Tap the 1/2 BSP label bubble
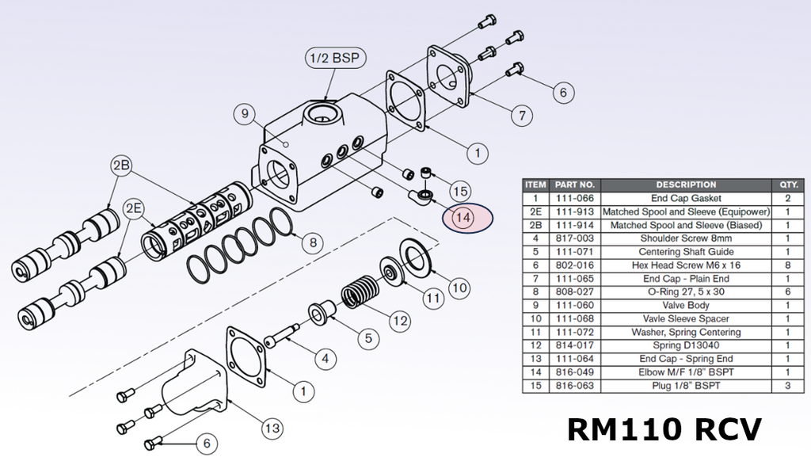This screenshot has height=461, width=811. point(335,58)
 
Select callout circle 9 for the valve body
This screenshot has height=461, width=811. point(245,114)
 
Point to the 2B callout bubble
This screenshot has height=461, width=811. point(121,166)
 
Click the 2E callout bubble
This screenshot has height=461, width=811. point(134,208)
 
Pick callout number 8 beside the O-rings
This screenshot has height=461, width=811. point(313,242)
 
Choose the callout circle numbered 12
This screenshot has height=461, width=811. point(400,321)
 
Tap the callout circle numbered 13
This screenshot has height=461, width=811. point(272,429)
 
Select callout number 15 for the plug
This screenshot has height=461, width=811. point(460,192)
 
